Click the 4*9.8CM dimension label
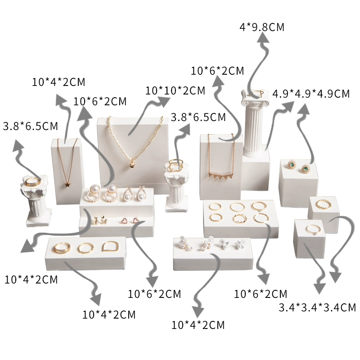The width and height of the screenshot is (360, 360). pyautogui.click(x=262, y=27)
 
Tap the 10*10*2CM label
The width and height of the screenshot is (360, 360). pyautogui.click(x=175, y=91)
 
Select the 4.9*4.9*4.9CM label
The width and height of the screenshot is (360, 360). pyautogui.click(x=311, y=94)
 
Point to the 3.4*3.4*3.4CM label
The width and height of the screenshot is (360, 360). pyautogui.click(x=317, y=307)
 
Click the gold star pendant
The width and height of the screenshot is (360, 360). pyautogui.click(x=67, y=184)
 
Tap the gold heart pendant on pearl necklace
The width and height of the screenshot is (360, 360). pyautogui.click(x=131, y=165)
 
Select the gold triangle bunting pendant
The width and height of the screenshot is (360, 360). pyautogui.click(x=221, y=176)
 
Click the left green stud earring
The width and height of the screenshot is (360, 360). pyautogui.click(x=292, y=164)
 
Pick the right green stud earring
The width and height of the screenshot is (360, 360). pyautogui.click(x=306, y=169)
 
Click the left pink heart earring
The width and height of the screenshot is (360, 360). pyautogui.click(x=125, y=220)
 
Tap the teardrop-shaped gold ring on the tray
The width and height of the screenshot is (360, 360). pyautogui.click(x=110, y=246)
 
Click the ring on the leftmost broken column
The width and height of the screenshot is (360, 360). pyautogui.click(x=33, y=182)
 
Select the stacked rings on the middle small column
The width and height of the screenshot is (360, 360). pyautogui.click(x=176, y=165)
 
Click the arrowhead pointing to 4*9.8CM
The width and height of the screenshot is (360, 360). pyautogui.click(x=262, y=37)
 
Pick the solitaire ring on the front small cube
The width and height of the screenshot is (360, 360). pyautogui.click(x=313, y=230)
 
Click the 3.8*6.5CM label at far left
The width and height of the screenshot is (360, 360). pyautogui.click(x=31, y=126)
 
